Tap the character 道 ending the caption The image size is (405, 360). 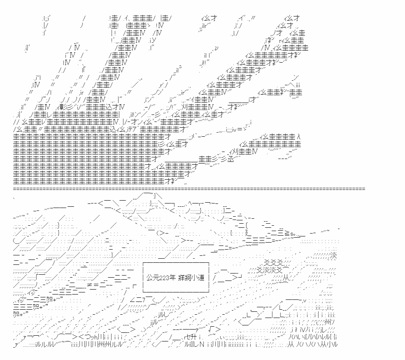(201, 278)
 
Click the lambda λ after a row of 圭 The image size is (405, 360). (298, 137)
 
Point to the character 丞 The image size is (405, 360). (230, 159)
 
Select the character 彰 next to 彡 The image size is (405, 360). (62, 107)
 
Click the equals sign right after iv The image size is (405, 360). (240, 129)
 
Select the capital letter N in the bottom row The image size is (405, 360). (202, 344)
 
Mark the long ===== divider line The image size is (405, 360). (189, 189)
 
